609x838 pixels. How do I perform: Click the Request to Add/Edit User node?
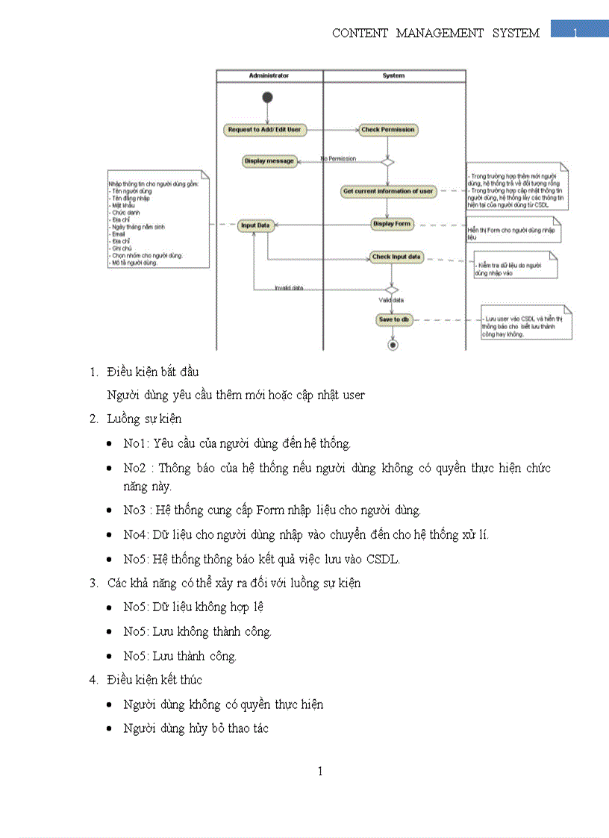(264, 129)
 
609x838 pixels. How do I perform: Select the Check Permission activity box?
(387, 129)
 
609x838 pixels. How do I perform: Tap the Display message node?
(269, 160)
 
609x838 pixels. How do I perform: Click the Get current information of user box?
(388, 191)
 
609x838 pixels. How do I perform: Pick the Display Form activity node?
(392, 223)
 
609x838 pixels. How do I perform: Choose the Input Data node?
(255, 225)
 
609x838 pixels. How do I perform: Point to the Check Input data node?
(396, 257)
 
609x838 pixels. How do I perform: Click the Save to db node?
(394, 319)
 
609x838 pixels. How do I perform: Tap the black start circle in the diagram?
(267, 98)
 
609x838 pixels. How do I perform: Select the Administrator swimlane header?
(269, 75)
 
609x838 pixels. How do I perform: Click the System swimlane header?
(393, 75)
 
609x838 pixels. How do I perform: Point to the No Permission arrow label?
(338, 158)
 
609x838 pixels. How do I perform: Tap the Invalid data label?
(288, 287)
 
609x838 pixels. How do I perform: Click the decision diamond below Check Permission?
(387, 160)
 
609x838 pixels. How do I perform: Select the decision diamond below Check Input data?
(391, 289)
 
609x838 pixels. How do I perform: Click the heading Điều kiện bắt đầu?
(152, 372)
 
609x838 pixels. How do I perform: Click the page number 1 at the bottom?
(320, 771)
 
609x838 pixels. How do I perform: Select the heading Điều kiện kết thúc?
(154, 680)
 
